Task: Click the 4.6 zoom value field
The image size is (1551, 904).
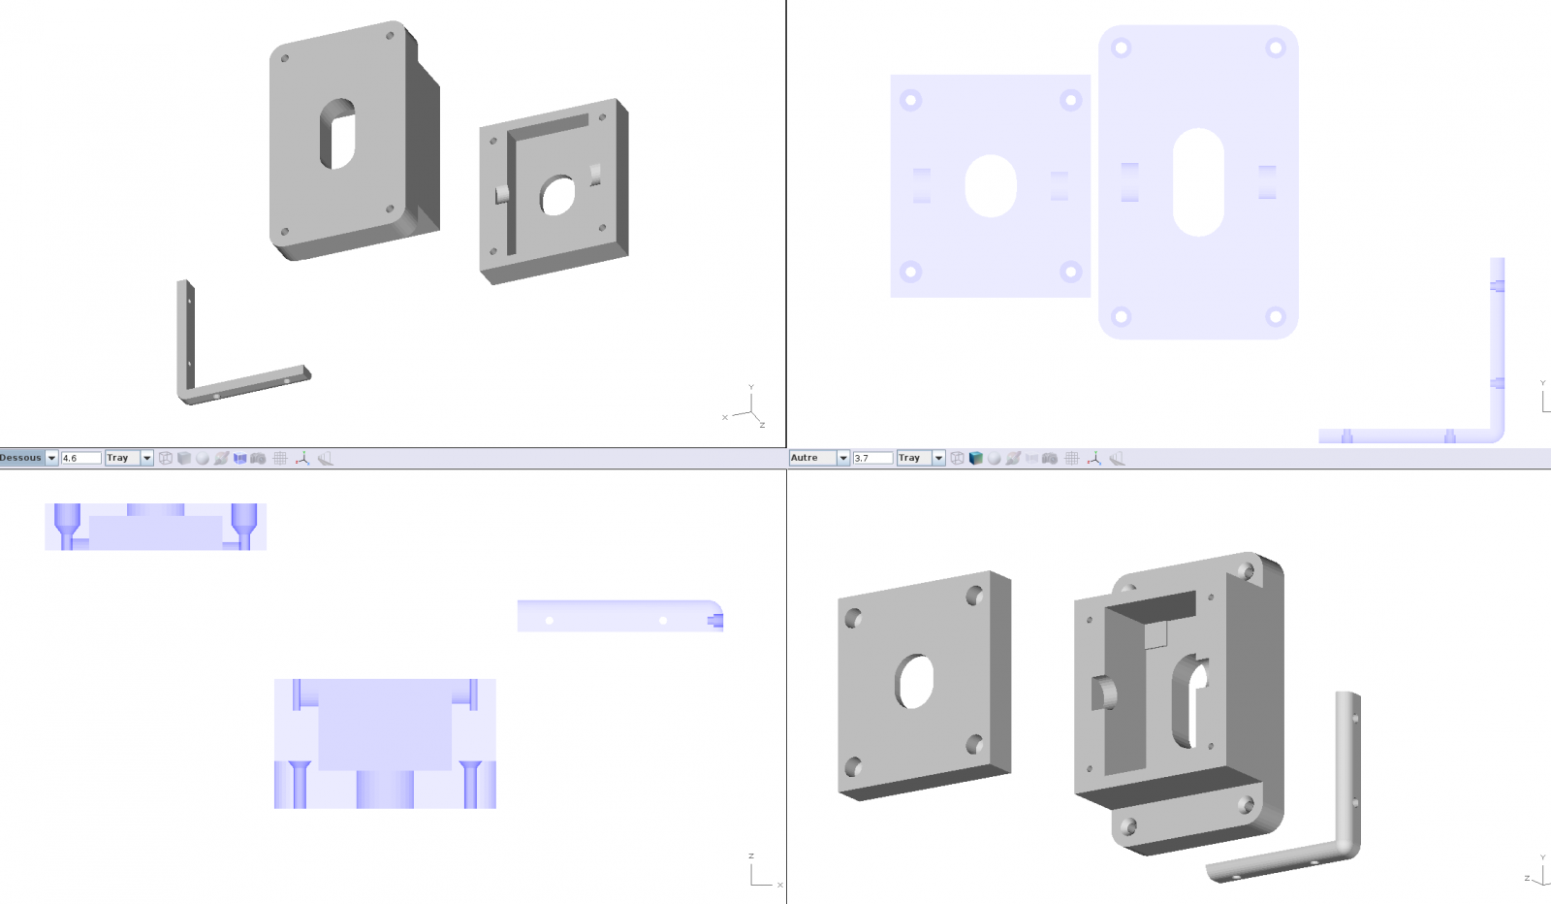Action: [81, 458]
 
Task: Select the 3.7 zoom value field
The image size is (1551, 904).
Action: [872, 458]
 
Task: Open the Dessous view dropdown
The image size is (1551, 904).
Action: [51, 458]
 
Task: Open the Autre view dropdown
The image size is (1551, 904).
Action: [842, 458]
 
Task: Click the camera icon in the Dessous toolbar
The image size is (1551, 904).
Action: [258, 458]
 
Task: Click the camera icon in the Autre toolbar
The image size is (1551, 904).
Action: [1049, 458]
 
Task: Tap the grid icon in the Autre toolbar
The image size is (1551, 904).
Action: [1072, 458]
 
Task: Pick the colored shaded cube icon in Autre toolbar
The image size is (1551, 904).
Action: [975, 458]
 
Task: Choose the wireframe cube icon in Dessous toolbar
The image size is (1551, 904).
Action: [166, 458]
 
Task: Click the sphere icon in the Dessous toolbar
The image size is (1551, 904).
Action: [203, 458]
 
